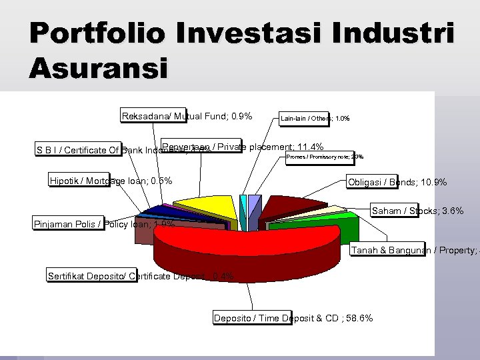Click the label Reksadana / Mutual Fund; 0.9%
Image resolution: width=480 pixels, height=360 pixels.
coord(187,117)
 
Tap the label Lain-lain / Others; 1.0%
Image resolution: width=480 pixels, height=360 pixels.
coord(315,119)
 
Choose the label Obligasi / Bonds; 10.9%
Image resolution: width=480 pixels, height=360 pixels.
coord(397,182)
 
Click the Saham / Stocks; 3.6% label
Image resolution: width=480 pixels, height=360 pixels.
coord(417,212)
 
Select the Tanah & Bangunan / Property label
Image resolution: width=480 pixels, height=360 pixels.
coord(413,251)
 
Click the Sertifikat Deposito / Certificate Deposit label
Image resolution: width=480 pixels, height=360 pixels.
coord(140,276)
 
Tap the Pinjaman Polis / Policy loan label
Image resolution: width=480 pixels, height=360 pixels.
coord(104,225)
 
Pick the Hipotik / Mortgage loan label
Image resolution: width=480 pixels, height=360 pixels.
coord(111,181)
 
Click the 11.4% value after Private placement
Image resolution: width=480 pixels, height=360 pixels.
coord(310,147)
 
